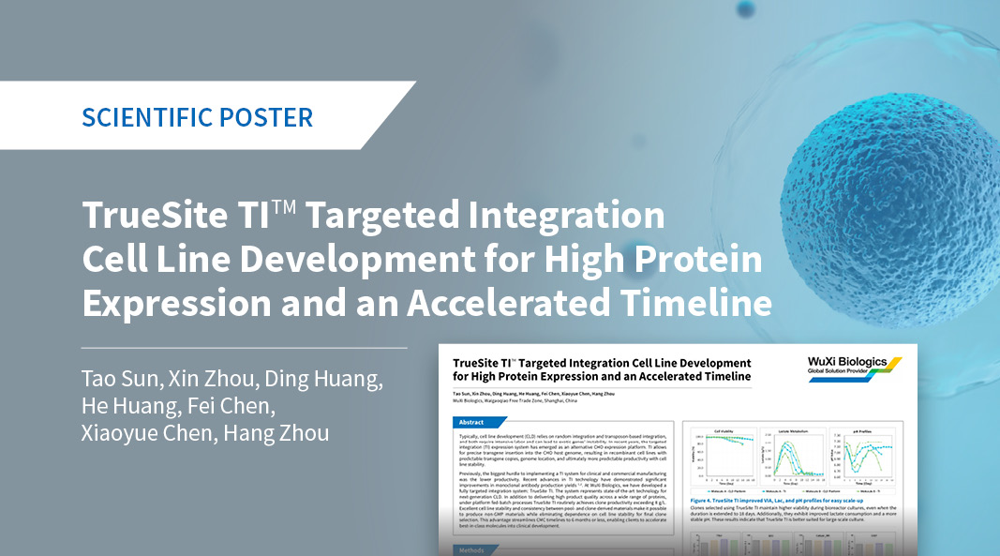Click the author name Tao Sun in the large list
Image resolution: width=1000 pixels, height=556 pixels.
(118, 380)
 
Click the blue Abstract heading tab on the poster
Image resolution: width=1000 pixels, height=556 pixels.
(473, 422)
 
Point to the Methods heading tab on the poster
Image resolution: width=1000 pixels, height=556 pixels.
(474, 550)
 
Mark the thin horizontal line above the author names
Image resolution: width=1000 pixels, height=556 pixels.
(244, 348)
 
